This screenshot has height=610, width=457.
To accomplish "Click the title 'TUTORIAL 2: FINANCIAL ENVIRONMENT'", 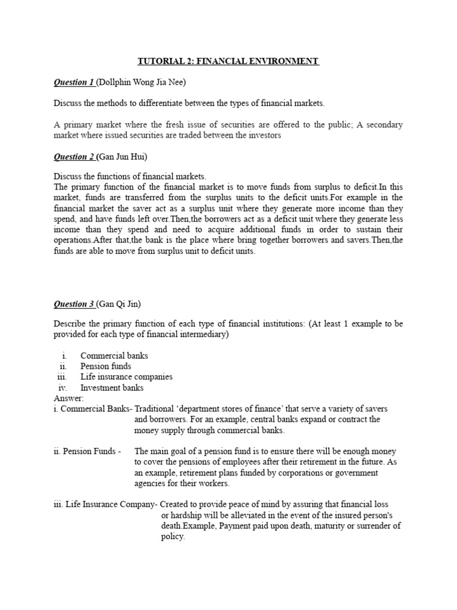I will pyautogui.click(x=228, y=61).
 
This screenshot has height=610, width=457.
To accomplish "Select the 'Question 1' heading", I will pyautogui.click(x=74, y=82).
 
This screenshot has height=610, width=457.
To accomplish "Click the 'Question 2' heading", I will pyautogui.click(x=74, y=157).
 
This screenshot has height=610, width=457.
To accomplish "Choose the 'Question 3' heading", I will pyautogui.click(x=74, y=304).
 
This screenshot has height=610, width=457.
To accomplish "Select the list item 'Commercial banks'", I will pyautogui.click(x=114, y=356).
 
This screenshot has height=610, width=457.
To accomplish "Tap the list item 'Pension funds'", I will pyautogui.click(x=106, y=366).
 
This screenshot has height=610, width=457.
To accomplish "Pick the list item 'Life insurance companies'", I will pyautogui.click(x=127, y=377).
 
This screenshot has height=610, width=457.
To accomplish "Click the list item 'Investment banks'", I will pyautogui.click(x=112, y=388).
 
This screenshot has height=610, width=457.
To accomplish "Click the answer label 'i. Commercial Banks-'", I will pyautogui.click(x=93, y=409).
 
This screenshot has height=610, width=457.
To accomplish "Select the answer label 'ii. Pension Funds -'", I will pyautogui.click(x=87, y=452).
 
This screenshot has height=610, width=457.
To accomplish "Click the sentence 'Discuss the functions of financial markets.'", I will pyautogui.click(x=130, y=177).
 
